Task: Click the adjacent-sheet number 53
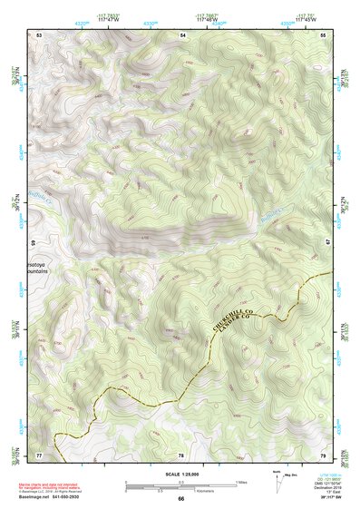coord(40,34)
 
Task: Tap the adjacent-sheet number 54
coord(182,34)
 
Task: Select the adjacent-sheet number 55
coord(323,34)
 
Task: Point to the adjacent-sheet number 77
coord(40,454)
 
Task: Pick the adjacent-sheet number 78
coord(181,454)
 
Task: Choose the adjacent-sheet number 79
coord(323,454)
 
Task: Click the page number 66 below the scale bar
coord(180,498)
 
